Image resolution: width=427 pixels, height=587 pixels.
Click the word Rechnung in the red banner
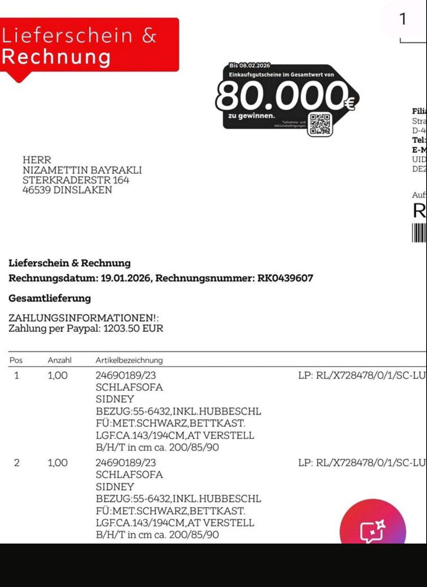56,57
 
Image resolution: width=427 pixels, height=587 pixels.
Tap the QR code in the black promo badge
320,124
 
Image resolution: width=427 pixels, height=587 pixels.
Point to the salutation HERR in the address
37,160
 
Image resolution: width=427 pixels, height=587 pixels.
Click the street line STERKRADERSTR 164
76,180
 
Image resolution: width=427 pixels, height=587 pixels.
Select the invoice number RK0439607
285,278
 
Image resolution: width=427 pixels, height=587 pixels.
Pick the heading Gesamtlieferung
50,298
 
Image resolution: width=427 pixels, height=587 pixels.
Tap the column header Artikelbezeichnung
129,360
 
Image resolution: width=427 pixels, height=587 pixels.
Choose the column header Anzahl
60,360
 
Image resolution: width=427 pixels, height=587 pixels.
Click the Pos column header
16,360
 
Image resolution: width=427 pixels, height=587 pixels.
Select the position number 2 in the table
17,463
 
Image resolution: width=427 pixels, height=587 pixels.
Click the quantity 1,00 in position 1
58,375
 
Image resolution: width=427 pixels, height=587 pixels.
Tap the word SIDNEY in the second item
115,487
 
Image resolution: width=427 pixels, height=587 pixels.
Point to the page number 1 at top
403,19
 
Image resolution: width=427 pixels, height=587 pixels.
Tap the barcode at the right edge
419,233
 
